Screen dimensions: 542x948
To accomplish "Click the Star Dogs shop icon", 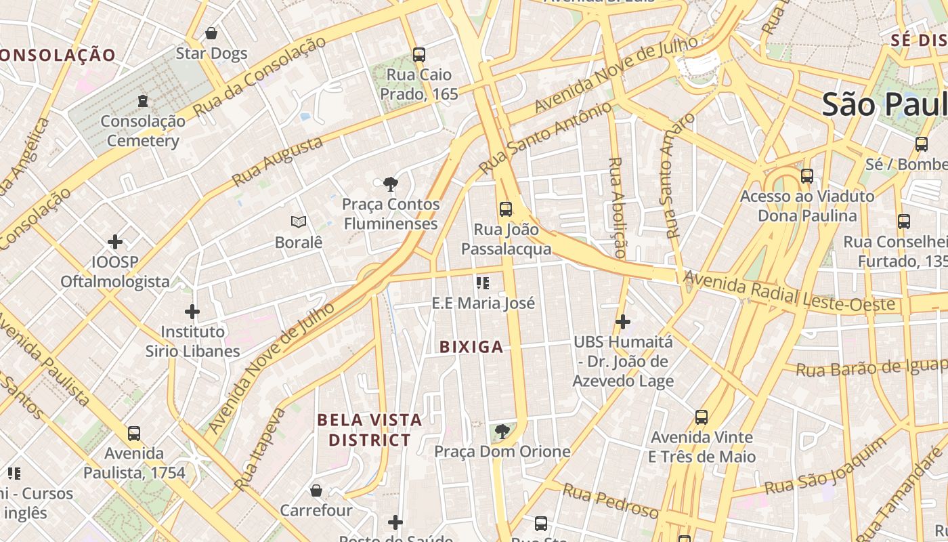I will (x=211, y=33).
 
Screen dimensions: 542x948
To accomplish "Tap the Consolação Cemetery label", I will (x=143, y=131).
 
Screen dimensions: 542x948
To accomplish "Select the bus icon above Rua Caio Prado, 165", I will (x=419, y=55).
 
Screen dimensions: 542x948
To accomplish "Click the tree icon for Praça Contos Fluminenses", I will (x=390, y=184).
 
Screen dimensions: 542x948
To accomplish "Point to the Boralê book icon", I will (x=299, y=222).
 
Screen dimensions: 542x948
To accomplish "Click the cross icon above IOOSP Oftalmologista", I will (x=115, y=241).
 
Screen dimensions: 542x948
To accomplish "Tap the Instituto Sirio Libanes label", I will (x=193, y=341).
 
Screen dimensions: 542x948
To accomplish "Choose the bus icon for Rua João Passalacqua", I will (x=506, y=209).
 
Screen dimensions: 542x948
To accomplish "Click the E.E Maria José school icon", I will (x=483, y=283).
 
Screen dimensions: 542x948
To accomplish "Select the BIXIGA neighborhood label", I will (x=471, y=348).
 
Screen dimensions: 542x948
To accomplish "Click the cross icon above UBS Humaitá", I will (x=623, y=322).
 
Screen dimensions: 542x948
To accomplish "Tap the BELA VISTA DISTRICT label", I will (x=370, y=430).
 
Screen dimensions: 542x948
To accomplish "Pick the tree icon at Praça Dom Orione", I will (x=502, y=431).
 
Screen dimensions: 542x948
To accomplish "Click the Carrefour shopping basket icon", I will (x=316, y=490).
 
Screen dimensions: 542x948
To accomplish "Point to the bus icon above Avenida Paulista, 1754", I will (x=134, y=433).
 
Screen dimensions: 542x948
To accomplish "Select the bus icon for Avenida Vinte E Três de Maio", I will (x=702, y=417).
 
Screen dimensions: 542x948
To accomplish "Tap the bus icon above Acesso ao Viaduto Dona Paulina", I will (x=807, y=176).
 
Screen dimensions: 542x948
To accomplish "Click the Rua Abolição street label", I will (x=617, y=207).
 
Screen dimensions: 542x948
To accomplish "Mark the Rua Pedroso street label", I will (x=610, y=501).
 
